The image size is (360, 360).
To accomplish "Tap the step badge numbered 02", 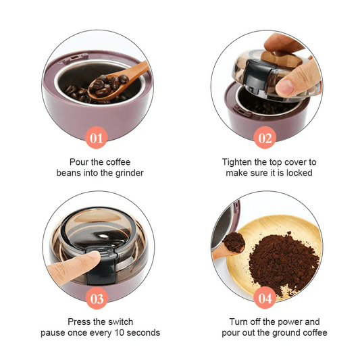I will pos(265,139).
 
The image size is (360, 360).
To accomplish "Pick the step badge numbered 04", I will pos(265,298).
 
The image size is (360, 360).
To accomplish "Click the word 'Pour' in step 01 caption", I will pos(80,162).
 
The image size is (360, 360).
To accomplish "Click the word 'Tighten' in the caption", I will pos(238,162).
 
